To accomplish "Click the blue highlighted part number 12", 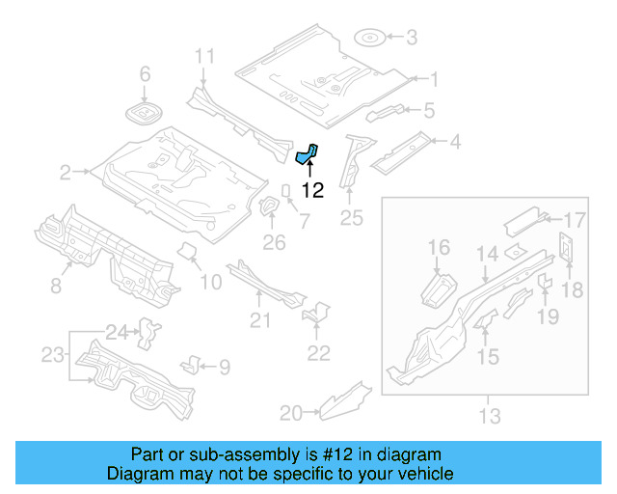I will tap(307, 155).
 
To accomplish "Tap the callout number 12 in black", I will tap(312, 190).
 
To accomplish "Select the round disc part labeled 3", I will tap(370, 38).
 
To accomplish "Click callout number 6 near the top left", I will tap(146, 74).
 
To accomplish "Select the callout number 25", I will tap(351, 219).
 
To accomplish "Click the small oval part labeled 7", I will tap(286, 189).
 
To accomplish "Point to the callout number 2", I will tap(65, 173).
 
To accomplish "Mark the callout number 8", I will tap(56, 285).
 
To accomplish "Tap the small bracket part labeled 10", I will tap(189, 254).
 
